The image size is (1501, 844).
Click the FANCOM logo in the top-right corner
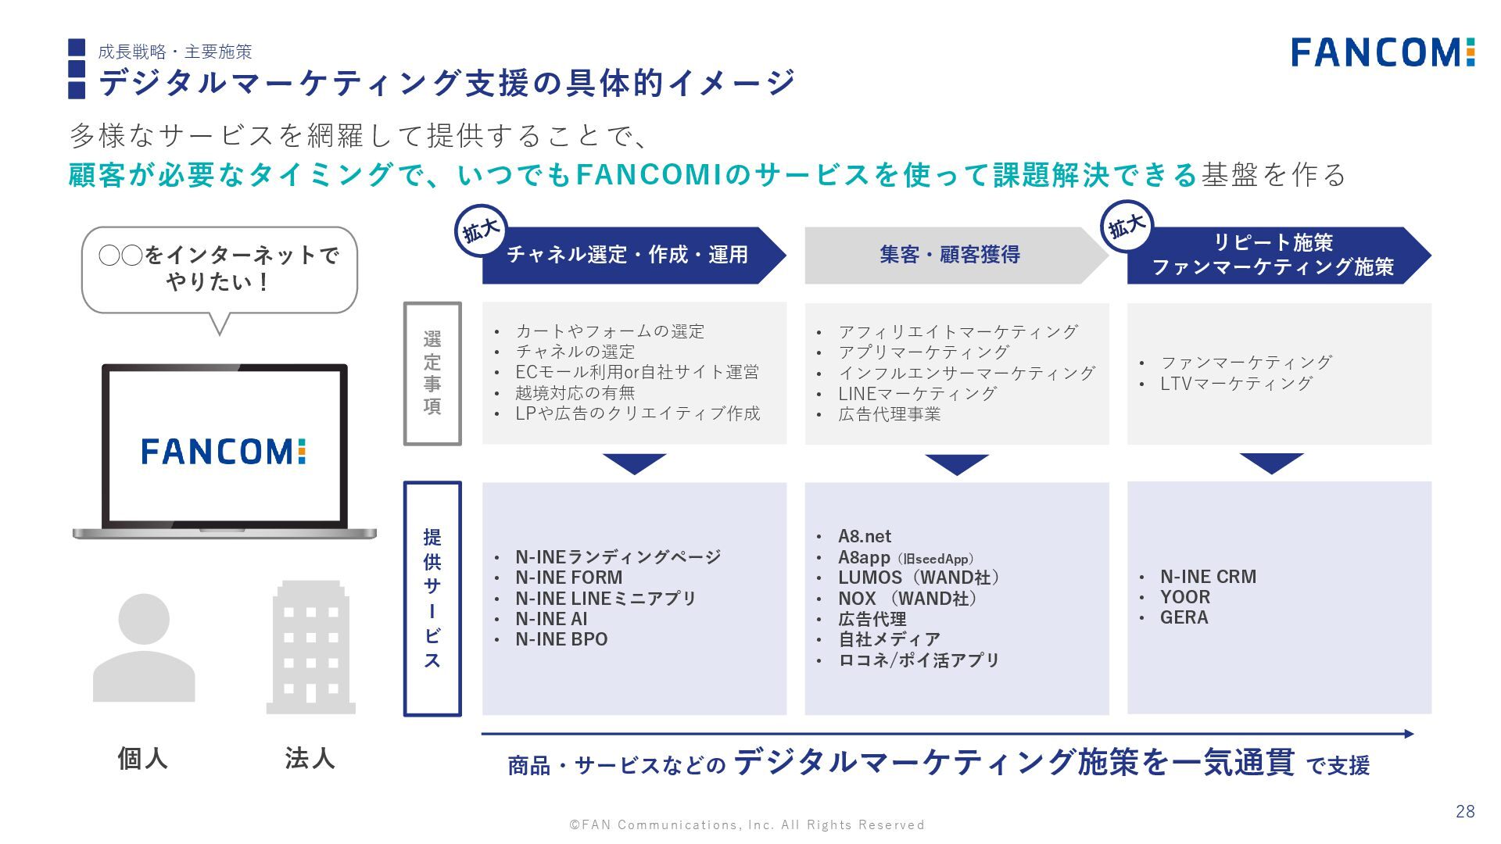point(1382,52)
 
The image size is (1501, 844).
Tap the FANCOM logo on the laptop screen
point(223,451)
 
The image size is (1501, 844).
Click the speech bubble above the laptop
point(219,270)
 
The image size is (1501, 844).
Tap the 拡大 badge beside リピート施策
point(1127,227)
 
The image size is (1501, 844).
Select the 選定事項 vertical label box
point(432,374)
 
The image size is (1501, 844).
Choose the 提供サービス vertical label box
point(432,599)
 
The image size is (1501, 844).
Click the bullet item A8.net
point(864,537)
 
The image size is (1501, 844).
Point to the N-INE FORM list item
point(568,578)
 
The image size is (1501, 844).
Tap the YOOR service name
point(1185,597)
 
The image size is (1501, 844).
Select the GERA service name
point(1184,617)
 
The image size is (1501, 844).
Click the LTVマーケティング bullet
point(1236,384)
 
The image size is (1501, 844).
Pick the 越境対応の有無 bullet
point(575,393)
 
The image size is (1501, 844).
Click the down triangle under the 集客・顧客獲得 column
point(956,464)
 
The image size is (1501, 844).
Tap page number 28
point(1465,811)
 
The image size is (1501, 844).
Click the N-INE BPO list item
point(561,639)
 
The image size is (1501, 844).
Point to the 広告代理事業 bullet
point(889,414)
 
